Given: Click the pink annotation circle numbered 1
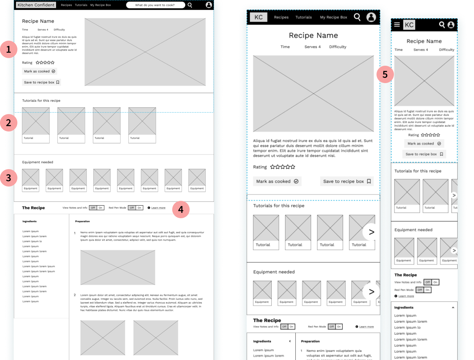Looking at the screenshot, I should tap(9, 49).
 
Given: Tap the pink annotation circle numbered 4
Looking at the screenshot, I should tap(181, 210).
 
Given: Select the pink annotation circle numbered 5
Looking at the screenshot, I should tap(385, 74).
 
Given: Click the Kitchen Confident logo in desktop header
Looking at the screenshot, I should tap(36, 5).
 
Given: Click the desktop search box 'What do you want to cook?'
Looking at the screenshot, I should tap(155, 5).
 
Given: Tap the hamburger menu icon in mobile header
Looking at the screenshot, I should tap(397, 25).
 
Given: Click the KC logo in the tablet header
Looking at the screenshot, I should tap(258, 17).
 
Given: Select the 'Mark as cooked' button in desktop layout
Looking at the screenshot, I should tap(39, 71).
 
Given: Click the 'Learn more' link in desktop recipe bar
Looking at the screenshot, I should tap(158, 208).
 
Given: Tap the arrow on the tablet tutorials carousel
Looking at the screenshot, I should tap(371, 232).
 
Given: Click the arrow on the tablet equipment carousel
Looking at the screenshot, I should tap(371, 292).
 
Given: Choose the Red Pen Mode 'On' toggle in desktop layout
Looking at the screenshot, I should tap(140, 208).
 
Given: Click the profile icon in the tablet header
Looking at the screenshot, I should tap(371, 17).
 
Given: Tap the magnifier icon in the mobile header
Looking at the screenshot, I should tap(442, 25).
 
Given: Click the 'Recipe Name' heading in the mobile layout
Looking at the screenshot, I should tap(424, 41).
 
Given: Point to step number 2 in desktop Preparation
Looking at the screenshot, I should tap(75, 295).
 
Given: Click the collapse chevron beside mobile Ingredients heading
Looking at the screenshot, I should tap(453, 308).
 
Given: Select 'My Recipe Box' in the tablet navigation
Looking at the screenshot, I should tap(333, 17).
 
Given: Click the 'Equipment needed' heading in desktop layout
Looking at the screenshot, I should tap(38, 162).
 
